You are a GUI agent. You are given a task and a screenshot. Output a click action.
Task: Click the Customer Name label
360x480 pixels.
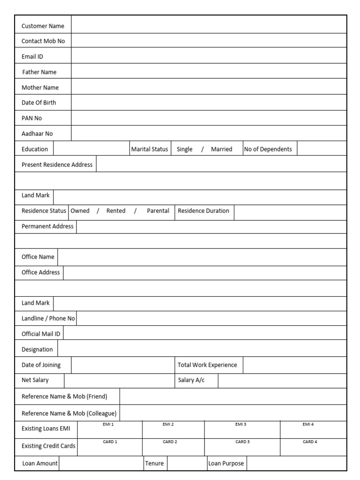click(x=43, y=26)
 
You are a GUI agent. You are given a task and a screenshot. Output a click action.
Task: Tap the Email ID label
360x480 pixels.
click(x=32, y=57)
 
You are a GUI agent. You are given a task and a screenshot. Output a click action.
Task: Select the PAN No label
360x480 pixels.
click(x=32, y=118)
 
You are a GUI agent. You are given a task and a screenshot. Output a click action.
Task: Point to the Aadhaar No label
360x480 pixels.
click(x=37, y=134)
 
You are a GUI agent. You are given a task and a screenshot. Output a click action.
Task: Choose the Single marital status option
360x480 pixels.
click(x=184, y=149)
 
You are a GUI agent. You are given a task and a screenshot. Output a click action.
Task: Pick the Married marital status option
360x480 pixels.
click(x=222, y=149)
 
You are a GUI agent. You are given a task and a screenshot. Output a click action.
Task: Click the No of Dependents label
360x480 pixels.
click(x=268, y=149)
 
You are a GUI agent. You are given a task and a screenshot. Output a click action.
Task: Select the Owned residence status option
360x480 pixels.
click(x=80, y=211)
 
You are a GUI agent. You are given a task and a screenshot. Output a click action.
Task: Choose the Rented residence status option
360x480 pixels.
click(x=116, y=211)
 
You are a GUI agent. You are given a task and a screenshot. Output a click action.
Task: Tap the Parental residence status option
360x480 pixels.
click(x=158, y=211)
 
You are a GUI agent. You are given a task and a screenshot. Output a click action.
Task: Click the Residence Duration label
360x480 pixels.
click(x=203, y=211)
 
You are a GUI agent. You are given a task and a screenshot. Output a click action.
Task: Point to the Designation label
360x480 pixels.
click(x=37, y=349)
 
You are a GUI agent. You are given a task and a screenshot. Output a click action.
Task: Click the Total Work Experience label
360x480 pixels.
click(x=207, y=365)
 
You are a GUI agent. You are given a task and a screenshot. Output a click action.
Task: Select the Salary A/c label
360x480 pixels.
click(x=191, y=380)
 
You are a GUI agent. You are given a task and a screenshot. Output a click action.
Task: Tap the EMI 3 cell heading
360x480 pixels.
click(x=240, y=424)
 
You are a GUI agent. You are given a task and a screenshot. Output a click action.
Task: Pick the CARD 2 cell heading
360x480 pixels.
click(x=170, y=442)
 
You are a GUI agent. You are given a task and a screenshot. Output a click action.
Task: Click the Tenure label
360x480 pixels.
click(x=155, y=463)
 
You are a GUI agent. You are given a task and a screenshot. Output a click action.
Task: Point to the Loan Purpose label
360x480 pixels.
click(x=226, y=463)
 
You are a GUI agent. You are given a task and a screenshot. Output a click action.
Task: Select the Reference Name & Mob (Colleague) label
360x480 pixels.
click(x=69, y=413)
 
